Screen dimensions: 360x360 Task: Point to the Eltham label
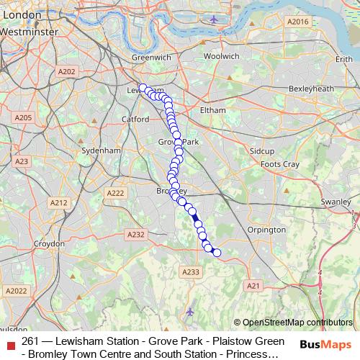pyautogui.click(x=213, y=109)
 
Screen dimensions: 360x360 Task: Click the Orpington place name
pyautogui.click(x=266, y=230)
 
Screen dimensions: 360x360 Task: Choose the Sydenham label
pyautogui.click(x=100, y=150)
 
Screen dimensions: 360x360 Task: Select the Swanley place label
pyautogui.click(x=335, y=202)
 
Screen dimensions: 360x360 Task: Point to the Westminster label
pyautogui.click(x=24, y=32)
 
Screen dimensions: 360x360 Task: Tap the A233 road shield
pyautogui.click(x=191, y=271)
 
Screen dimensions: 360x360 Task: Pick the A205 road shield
pyautogui.click(x=24, y=117)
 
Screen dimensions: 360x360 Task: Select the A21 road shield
pyautogui.click(x=253, y=286)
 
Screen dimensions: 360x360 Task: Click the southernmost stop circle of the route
pyautogui.click(x=217, y=252)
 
